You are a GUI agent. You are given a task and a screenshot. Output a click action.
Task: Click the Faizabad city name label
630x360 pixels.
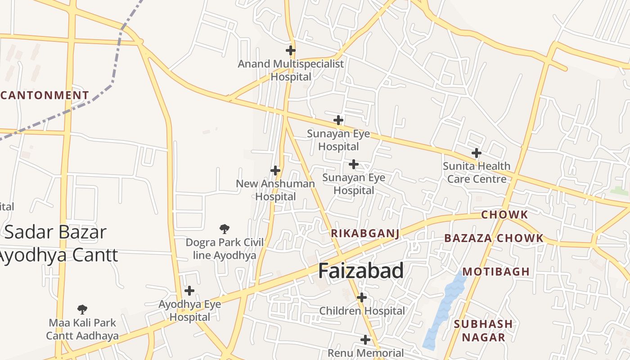[361, 271]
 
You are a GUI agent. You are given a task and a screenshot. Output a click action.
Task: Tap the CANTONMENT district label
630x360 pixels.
[45, 95]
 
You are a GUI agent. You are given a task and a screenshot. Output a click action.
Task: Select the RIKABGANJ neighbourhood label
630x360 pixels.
[365, 233]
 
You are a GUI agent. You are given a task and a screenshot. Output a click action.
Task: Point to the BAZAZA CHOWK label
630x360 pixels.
[494, 238]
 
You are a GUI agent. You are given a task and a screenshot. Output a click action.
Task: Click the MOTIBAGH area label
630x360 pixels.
[496, 272]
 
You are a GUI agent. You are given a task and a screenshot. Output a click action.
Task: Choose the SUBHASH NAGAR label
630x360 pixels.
[483, 330]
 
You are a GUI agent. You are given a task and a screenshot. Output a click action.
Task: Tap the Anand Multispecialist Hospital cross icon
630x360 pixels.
[291, 50]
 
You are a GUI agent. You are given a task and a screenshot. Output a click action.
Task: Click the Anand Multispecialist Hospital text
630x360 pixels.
[291, 70]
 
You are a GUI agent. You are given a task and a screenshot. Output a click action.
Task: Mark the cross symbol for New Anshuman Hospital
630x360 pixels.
[275, 171]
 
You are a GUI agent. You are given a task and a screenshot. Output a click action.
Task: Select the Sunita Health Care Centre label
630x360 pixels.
[477, 172]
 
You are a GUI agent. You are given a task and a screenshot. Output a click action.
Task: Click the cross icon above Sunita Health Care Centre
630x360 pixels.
[477, 153]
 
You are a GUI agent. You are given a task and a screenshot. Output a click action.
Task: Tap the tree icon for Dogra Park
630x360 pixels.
[225, 229]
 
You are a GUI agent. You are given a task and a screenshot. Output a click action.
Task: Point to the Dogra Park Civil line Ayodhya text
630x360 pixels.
[225, 249]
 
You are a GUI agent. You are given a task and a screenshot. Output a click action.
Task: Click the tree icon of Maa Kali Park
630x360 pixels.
[82, 309]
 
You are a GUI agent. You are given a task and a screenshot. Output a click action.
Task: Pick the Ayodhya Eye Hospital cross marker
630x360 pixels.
[189, 291]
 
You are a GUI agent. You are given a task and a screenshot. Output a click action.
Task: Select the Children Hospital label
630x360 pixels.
[362, 311]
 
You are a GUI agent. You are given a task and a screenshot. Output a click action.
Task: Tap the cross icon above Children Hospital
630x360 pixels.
[362, 297]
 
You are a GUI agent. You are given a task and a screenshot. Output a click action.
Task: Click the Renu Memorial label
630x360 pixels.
[365, 353]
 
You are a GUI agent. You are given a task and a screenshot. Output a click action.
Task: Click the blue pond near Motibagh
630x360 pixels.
[443, 310]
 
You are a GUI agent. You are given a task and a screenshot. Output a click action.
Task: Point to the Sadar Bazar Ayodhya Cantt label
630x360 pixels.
[56, 243]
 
